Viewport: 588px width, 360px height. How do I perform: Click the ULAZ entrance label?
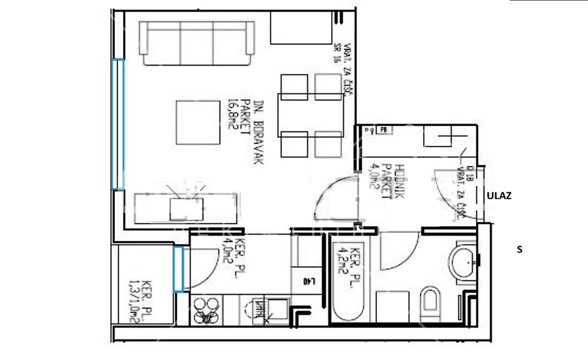[498, 196]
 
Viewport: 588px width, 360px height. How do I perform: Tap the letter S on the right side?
[520, 250]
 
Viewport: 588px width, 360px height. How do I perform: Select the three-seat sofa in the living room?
[196, 42]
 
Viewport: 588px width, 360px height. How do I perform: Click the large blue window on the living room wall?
[118, 124]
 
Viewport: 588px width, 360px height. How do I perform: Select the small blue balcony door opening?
[178, 269]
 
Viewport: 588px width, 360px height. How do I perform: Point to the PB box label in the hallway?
[384, 130]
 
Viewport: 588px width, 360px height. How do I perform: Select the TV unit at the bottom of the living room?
[186, 208]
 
